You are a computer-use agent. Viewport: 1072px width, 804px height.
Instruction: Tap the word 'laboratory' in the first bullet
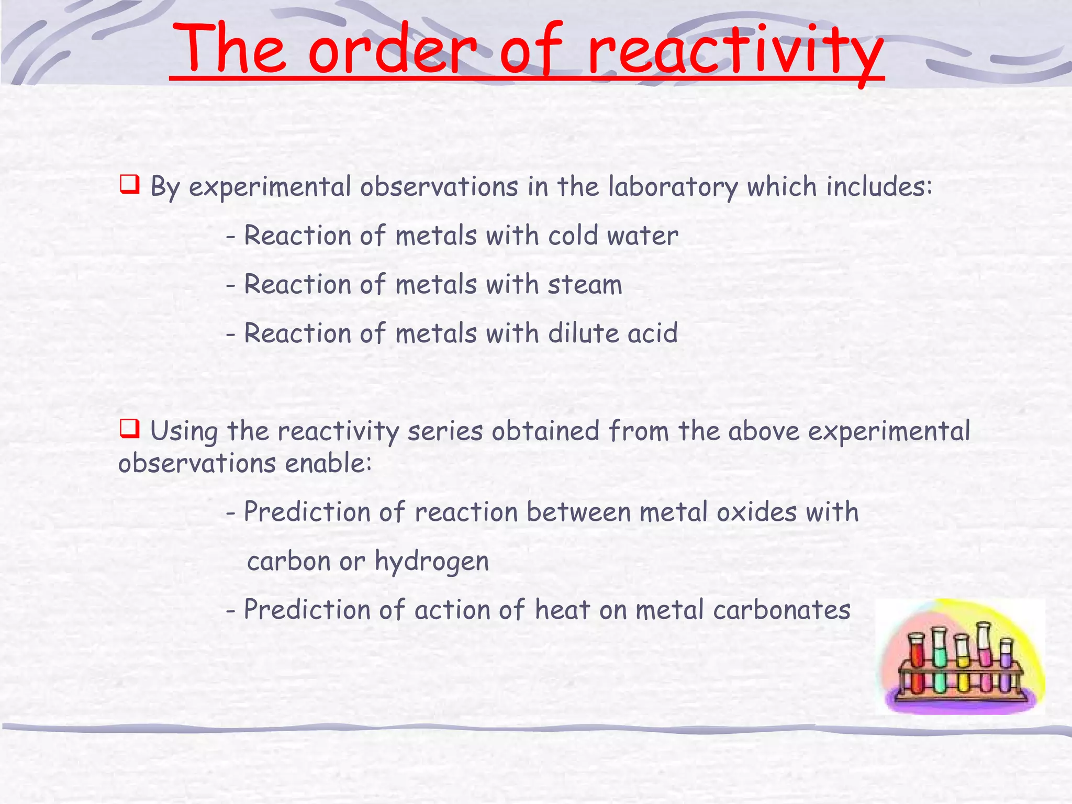pyautogui.click(x=673, y=187)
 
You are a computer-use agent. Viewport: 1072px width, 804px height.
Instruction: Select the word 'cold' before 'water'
pyautogui.click(x=573, y=236)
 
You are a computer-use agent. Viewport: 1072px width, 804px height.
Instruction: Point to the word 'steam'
pyautogui.click(x=585, y=285)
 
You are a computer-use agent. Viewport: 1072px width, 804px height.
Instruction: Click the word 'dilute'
pyautogui.click(x=583, y=333)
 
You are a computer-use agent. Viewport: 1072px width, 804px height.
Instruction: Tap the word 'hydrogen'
pyautogui.click(x=432, y=562)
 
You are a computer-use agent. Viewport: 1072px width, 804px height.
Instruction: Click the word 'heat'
pyautogui.click(x=562, y=610)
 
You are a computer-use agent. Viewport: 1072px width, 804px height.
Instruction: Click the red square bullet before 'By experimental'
pyautogui.click(x=129, y=184)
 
